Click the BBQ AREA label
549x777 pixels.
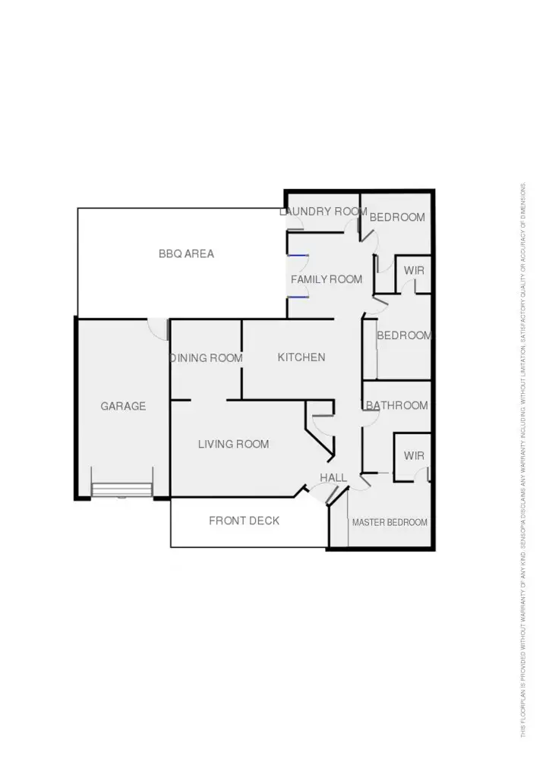coord(186,254)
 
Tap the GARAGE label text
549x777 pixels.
coord(123,407)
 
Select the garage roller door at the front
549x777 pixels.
coord(122,489)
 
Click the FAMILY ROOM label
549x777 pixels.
coord(327,280)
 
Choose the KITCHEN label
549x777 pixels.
coord(301,357)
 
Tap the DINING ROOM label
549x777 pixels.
coord(206,358)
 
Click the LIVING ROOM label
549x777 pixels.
coord(233,444)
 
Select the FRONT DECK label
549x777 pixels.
coord(244,521)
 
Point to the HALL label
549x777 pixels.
coord(333,478)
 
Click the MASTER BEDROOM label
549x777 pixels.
coord(390,523)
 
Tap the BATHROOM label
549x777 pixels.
coord(397,406)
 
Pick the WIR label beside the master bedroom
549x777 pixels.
coord(414,456)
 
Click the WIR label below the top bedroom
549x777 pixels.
coord(414,271)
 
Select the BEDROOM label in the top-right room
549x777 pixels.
coord(397,218)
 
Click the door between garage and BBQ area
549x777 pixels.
coord(158,329)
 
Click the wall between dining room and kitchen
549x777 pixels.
coord(241,357)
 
